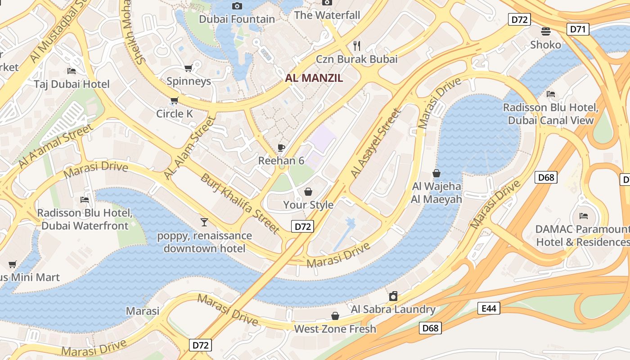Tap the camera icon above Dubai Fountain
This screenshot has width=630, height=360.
(x=237, y=6)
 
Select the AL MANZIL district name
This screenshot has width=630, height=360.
(x=314, y=78)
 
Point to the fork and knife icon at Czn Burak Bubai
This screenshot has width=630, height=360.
(x=357, y=45)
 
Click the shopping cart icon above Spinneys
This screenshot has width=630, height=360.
(x=189, y=68)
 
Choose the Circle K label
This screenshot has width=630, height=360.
(x=175, y=114)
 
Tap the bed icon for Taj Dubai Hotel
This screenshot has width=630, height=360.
(x=72, y=71)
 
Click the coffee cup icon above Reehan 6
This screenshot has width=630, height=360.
(x=281, y=147)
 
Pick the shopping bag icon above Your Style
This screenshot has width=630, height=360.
(x=308, y=192)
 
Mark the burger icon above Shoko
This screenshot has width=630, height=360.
(x=546, y=31)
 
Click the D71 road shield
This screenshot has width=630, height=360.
(x=577, y=29)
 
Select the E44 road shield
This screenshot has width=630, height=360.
(x=489, y=308)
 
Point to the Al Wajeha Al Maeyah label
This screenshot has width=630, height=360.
(x=436, y=193)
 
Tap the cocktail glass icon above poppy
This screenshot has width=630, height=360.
(x=204, y=222)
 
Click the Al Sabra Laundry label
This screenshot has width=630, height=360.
(x=393, y=309)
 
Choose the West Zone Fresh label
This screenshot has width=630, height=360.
(x=335, y=329)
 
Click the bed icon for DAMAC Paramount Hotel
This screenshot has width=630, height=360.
(x=584, y=216)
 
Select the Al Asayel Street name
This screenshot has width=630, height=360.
(x=375, y=143)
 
